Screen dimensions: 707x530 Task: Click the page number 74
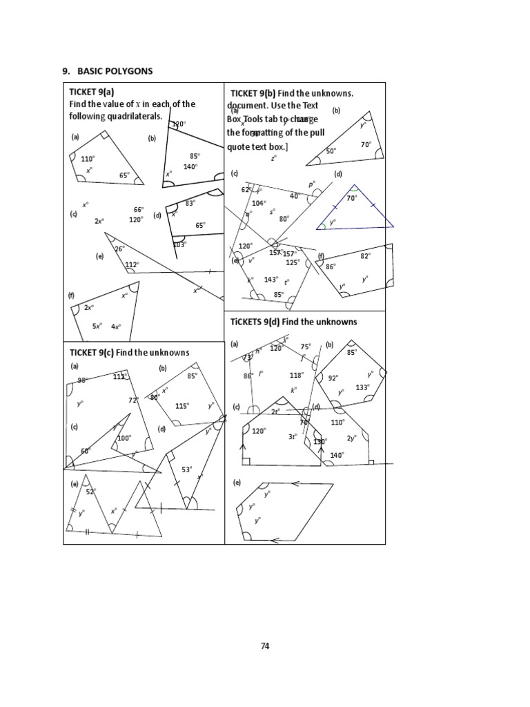pyautogui.click(x=265, y=646)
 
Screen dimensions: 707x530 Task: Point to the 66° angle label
pyautogui.click(x=139, y=210)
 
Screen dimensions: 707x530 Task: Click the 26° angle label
pyautogui.click(x=119, y=249)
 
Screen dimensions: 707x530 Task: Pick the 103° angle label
pyautogui.click(x=179, y=244)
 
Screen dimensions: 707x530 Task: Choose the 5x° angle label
pyautogui.click(x=97, y=326)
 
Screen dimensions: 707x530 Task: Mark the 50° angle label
pyautogui.click(x=331, y=151)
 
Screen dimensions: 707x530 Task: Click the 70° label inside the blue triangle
pyautogui.click(x=351, y=198)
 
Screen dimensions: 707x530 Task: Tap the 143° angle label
pyautogui.click(x=271, y=280)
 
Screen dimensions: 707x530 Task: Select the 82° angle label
pyautogui.click(x=365, y=255)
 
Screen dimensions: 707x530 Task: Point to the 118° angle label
pyautogui.click(x=296, y=375)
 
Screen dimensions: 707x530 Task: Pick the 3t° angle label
pyautogui.click(x=293, y=436)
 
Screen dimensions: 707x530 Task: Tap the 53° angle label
pyautogui.click(x=186, y=469)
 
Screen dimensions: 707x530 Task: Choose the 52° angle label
pyautogui.click(x=90, y=492)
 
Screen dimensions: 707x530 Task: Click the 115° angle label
pyautogui.click(x=182, y=406)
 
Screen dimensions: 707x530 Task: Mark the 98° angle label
pyautogui.click(x=82, y=380)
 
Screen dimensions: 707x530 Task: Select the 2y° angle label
pyautogui.click(x=351, y=438)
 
